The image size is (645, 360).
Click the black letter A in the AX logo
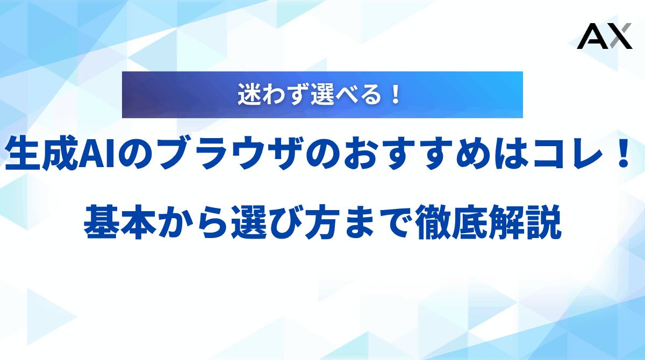[590, 37]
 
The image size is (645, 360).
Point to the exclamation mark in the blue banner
[396, 95]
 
